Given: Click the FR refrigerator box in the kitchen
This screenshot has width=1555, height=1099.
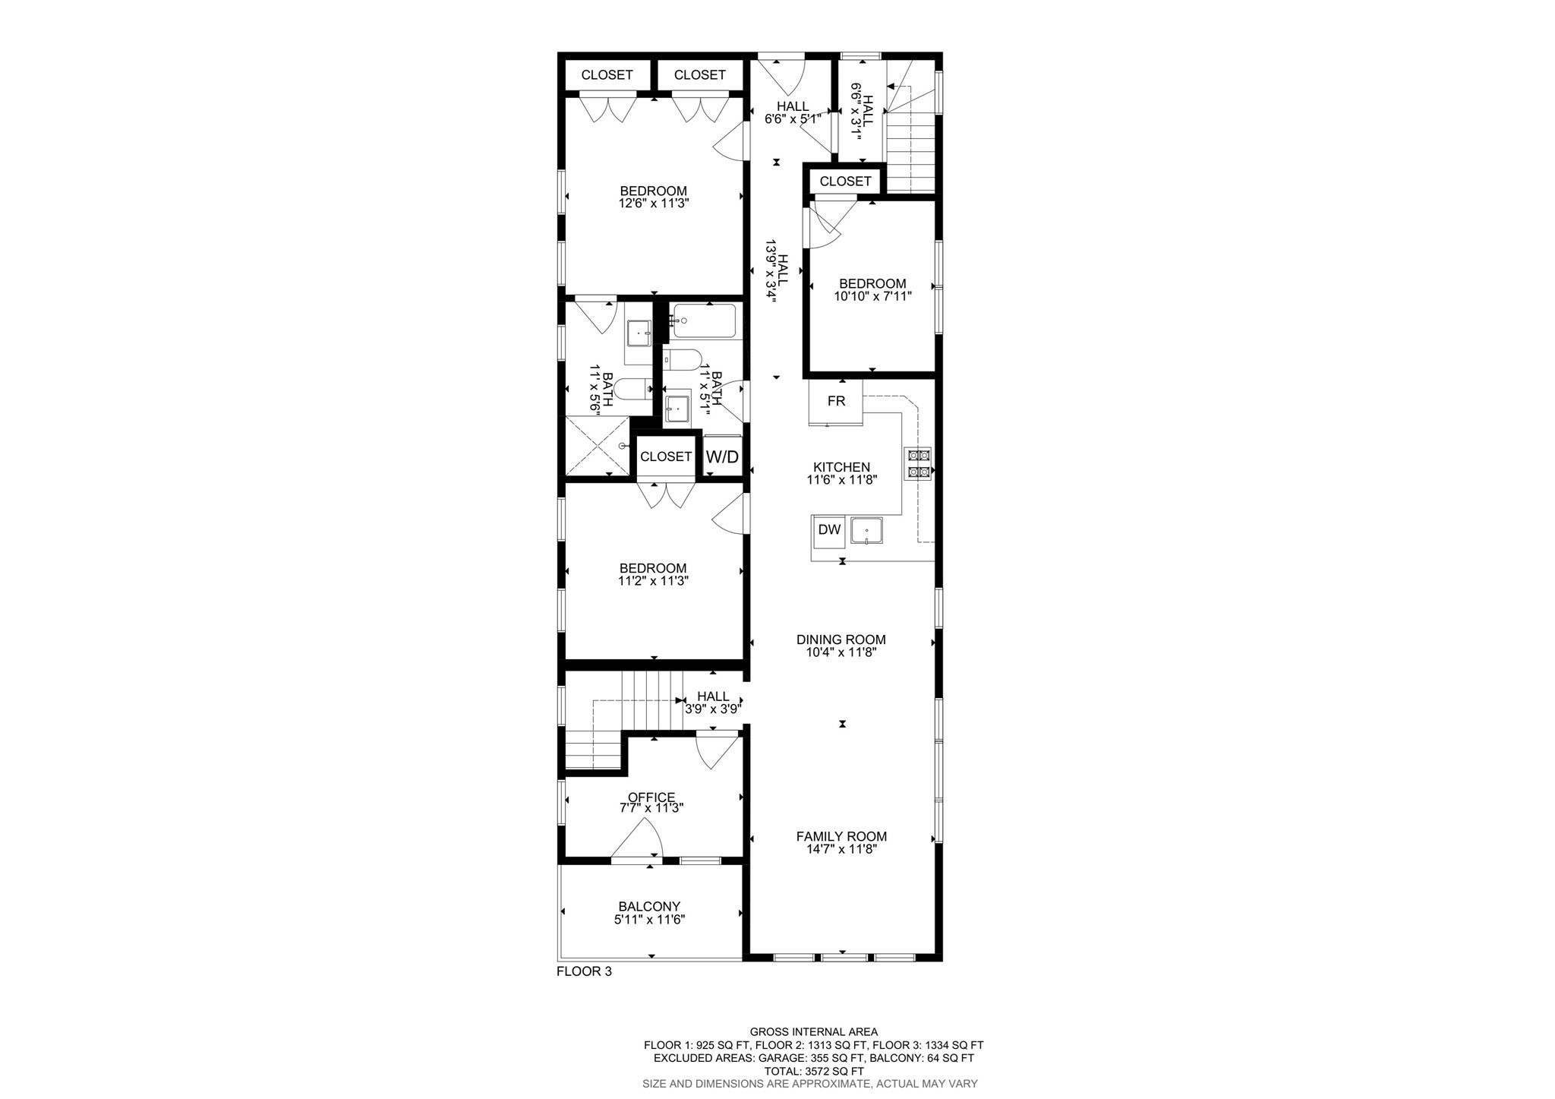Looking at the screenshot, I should tap(836, 401).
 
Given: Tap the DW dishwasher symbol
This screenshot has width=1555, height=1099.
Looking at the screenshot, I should tap(829, 530).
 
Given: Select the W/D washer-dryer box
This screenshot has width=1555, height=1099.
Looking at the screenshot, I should tap(722, 456).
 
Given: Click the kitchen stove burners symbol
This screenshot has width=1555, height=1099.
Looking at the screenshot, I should tap(918, 464).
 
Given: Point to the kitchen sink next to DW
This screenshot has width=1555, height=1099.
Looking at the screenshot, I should tap(866, 530).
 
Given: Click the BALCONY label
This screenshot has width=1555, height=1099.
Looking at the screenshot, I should tap(649, 906).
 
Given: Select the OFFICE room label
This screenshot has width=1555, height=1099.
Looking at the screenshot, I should tap(651, 797).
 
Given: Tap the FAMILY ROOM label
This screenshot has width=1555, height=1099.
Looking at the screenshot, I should tap(841, 836).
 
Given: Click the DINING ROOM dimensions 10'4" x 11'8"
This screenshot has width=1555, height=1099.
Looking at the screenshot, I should tap(841, 652).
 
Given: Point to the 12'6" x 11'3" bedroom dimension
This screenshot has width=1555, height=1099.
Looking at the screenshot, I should tap(654, 204).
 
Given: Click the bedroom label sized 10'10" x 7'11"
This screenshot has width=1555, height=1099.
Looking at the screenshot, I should tap(872, 283).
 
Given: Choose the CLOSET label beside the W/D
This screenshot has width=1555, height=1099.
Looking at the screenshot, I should tap(666, 456).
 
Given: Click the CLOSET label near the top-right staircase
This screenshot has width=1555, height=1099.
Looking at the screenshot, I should tap(845, 182).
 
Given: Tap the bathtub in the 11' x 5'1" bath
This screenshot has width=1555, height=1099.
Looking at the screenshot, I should tap(704, 322).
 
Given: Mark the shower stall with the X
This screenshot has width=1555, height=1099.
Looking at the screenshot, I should tap(598, 445).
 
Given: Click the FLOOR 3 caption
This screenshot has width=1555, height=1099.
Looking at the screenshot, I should tap(584, 971).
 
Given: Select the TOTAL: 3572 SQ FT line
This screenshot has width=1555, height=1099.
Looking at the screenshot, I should tap(813, 1071).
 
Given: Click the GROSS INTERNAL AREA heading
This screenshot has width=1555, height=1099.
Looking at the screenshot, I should tap(813, 1031).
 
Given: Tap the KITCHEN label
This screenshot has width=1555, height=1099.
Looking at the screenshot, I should tap(841, 467).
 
